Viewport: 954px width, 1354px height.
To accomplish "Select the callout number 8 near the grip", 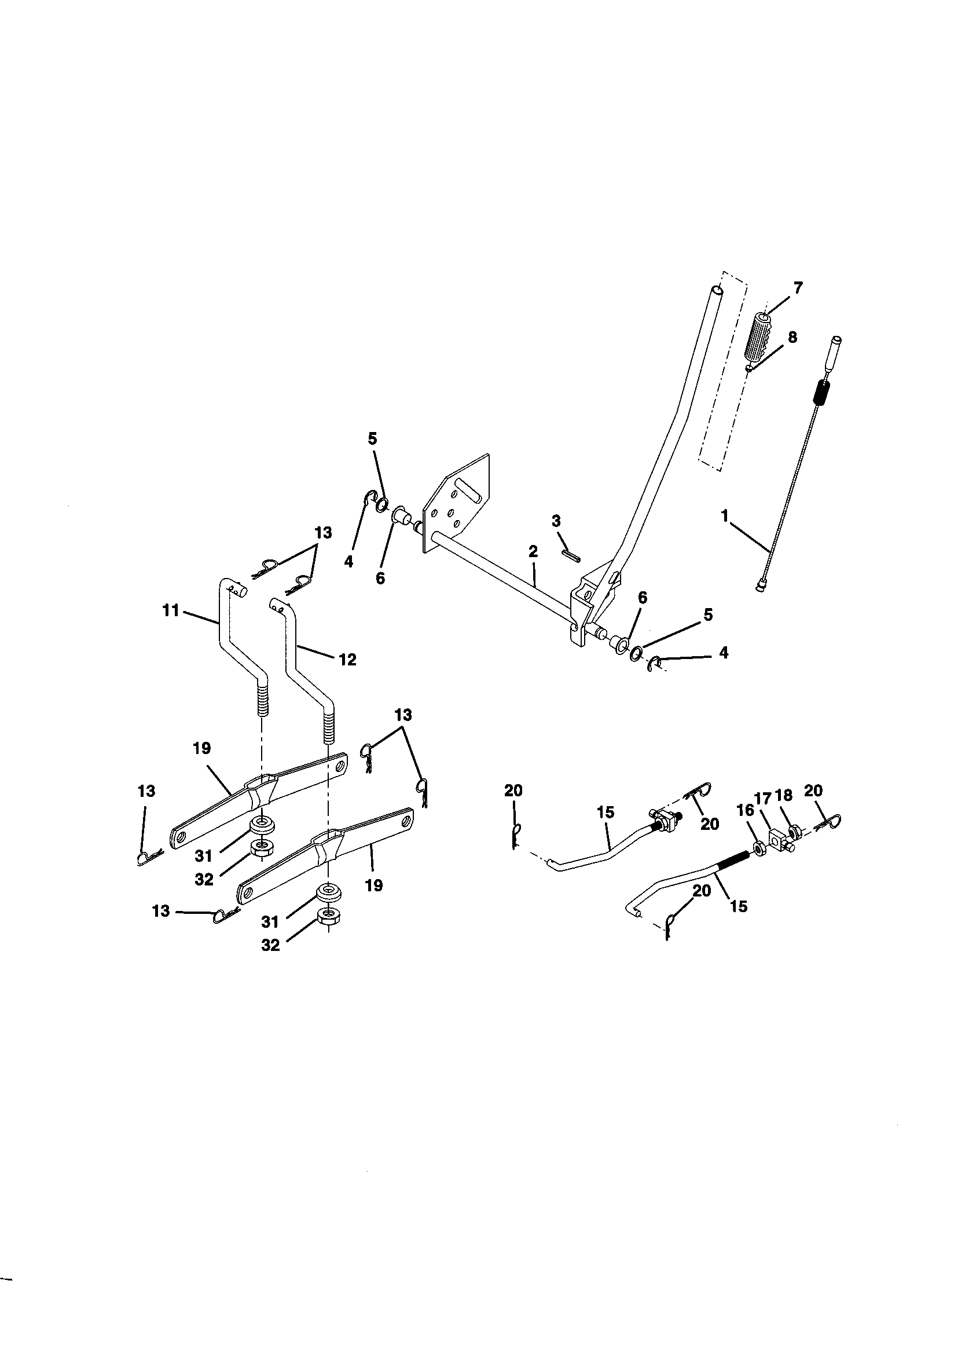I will point(792,337).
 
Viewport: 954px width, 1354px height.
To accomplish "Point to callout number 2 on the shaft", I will point(533,551).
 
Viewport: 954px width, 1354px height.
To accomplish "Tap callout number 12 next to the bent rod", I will point(348,659).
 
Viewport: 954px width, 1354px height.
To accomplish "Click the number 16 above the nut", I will point(745,810).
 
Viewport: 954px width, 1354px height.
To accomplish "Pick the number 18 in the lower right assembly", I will point(784,795).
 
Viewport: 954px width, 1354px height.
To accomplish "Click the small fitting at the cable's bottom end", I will point(760,585).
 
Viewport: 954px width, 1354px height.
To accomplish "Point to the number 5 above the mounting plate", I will point(372,439).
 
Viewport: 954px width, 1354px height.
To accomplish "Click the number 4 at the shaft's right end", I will point(724,652).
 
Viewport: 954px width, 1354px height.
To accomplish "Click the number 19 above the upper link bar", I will point(201,748).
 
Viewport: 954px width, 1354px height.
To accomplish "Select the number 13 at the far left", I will point(146,791).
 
